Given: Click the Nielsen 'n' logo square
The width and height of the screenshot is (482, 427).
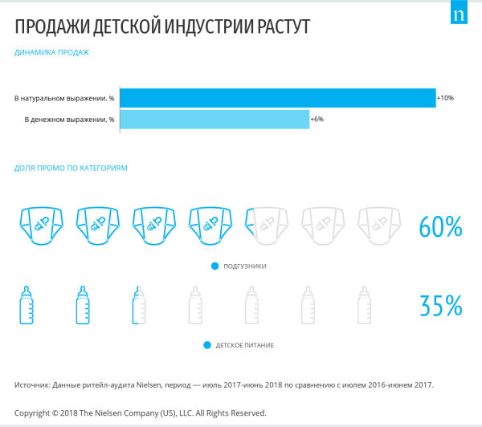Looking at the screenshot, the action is (459, 12).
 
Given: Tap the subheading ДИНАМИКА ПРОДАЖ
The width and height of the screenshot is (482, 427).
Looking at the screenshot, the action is (51, 52).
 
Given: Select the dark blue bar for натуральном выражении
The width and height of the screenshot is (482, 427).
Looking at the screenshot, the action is (278, 98).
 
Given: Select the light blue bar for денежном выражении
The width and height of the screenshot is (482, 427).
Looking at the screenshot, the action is (214, 120).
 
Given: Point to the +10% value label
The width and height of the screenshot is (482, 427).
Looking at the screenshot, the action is (445, 98).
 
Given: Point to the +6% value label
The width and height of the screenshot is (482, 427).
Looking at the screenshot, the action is (317, 120).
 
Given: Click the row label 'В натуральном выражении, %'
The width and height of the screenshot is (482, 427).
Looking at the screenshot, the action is (64, 99).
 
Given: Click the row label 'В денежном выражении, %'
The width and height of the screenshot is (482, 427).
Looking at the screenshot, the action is (69, 120).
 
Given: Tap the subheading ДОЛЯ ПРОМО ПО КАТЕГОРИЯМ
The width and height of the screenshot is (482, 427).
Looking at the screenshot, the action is (71, 169).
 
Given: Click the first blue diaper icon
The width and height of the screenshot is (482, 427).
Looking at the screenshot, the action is (42, 226).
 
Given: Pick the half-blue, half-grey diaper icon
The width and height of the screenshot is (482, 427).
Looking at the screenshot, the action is (267, 226).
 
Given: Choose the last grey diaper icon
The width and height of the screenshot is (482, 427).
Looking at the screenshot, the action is (379, 226).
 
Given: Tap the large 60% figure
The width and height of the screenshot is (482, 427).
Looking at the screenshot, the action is (441, 226).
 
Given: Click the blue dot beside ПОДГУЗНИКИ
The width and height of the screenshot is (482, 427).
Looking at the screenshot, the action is (214, 266).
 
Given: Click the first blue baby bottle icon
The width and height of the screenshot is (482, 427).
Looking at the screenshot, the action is (27, 305).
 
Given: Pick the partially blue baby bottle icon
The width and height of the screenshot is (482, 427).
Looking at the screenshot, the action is (139, 305).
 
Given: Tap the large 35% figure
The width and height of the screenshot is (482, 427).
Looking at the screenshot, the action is (441, 306).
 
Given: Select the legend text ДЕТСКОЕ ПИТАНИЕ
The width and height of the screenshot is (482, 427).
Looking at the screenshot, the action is (245, 345).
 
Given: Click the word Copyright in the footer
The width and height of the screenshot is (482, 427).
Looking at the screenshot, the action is (32, 413).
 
